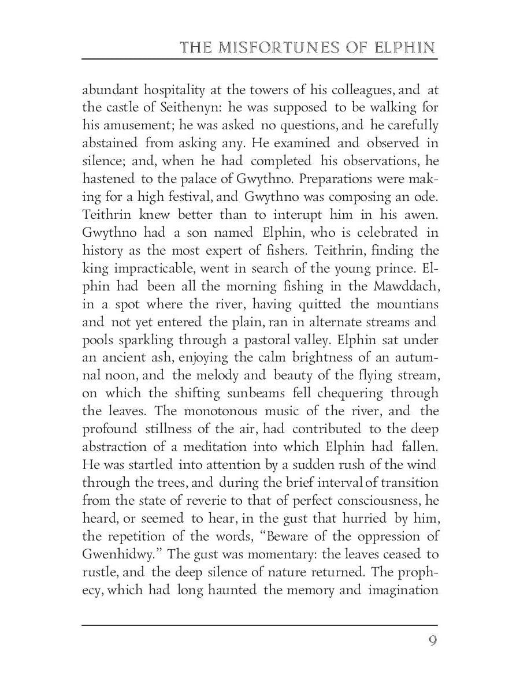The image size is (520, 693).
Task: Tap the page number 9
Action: [x=432, y=642]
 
